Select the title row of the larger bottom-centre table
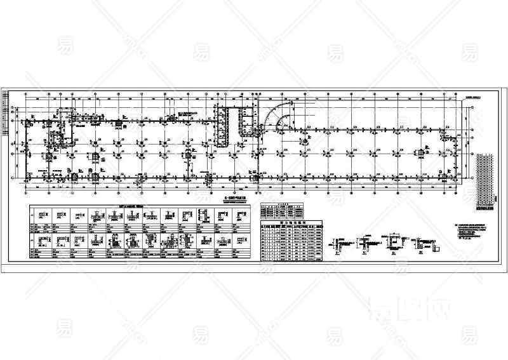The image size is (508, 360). (292, 223)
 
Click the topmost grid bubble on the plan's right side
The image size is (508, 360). (472, 109)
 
